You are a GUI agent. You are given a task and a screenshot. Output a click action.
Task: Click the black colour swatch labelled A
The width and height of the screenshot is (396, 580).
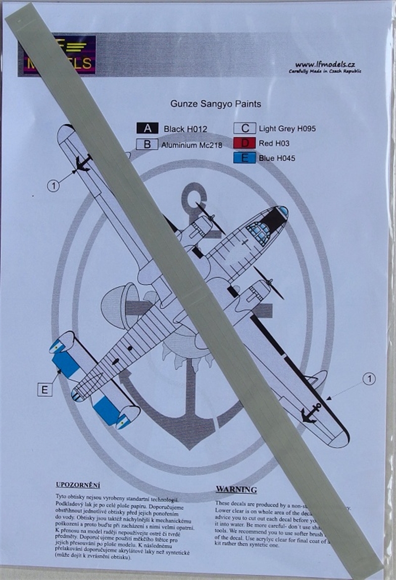(147, 129)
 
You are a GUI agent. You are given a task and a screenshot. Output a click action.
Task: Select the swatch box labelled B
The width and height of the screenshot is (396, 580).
(147, 144)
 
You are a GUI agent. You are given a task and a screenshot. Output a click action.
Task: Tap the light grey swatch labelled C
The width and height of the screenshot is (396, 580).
(244, 129)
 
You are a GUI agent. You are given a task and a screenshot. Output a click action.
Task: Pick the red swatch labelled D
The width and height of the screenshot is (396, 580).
(244, 143)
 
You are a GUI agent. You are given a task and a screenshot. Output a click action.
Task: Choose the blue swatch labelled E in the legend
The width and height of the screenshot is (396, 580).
(244, 158)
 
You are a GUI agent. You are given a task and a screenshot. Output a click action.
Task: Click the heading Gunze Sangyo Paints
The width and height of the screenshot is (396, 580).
(216, 104)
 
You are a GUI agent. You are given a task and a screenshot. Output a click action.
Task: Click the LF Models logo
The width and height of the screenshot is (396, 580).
(57, 55)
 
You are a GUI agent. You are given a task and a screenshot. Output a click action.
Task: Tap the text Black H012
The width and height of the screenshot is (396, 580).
(185, 129)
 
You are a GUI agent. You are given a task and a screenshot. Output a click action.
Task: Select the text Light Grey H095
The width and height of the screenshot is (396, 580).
(287, 129)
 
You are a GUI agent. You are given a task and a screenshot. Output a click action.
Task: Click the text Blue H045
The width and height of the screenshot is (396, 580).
(277, 158)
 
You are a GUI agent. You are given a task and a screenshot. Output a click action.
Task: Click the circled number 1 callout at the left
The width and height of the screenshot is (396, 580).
(53, 186)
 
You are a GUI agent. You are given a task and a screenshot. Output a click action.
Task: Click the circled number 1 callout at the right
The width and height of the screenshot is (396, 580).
(369, 379)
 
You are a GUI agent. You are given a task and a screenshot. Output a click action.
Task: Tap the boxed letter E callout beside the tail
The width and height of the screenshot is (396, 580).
(44, 389)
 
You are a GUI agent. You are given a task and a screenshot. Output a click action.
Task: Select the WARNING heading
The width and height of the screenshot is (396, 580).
(236, 490)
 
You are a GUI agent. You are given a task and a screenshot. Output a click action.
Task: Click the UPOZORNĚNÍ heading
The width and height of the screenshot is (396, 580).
(78, 485)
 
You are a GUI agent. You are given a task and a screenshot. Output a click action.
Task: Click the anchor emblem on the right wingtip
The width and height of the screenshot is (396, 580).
(310, 413)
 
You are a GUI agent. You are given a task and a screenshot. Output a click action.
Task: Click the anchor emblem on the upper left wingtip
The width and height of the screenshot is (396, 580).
(82, 163)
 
